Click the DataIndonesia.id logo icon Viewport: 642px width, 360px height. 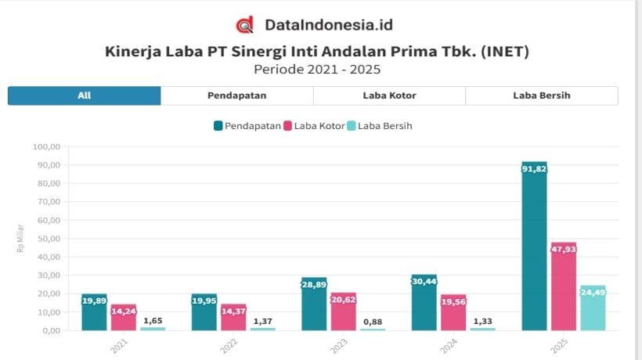[245, 25]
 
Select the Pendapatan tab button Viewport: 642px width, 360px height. [236, 95]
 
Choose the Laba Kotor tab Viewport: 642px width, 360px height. [389, 95]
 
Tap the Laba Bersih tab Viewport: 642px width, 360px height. [541, 95]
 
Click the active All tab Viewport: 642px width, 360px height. [85, 95]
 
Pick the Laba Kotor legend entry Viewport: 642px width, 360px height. [314, 125]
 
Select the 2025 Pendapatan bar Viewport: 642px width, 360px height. [534, 246]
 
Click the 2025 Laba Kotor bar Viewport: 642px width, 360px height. [563, 286]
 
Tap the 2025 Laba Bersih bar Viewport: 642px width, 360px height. [593, 308]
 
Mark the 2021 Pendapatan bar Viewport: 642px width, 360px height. [94, 312]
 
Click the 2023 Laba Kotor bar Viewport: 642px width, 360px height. [343, 311]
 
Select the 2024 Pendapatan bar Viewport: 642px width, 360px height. [424, 302]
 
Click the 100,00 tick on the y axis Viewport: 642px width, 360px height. [47, 146]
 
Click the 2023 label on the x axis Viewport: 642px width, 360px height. [337, 345]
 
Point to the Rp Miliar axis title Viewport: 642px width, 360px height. [20, 238]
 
